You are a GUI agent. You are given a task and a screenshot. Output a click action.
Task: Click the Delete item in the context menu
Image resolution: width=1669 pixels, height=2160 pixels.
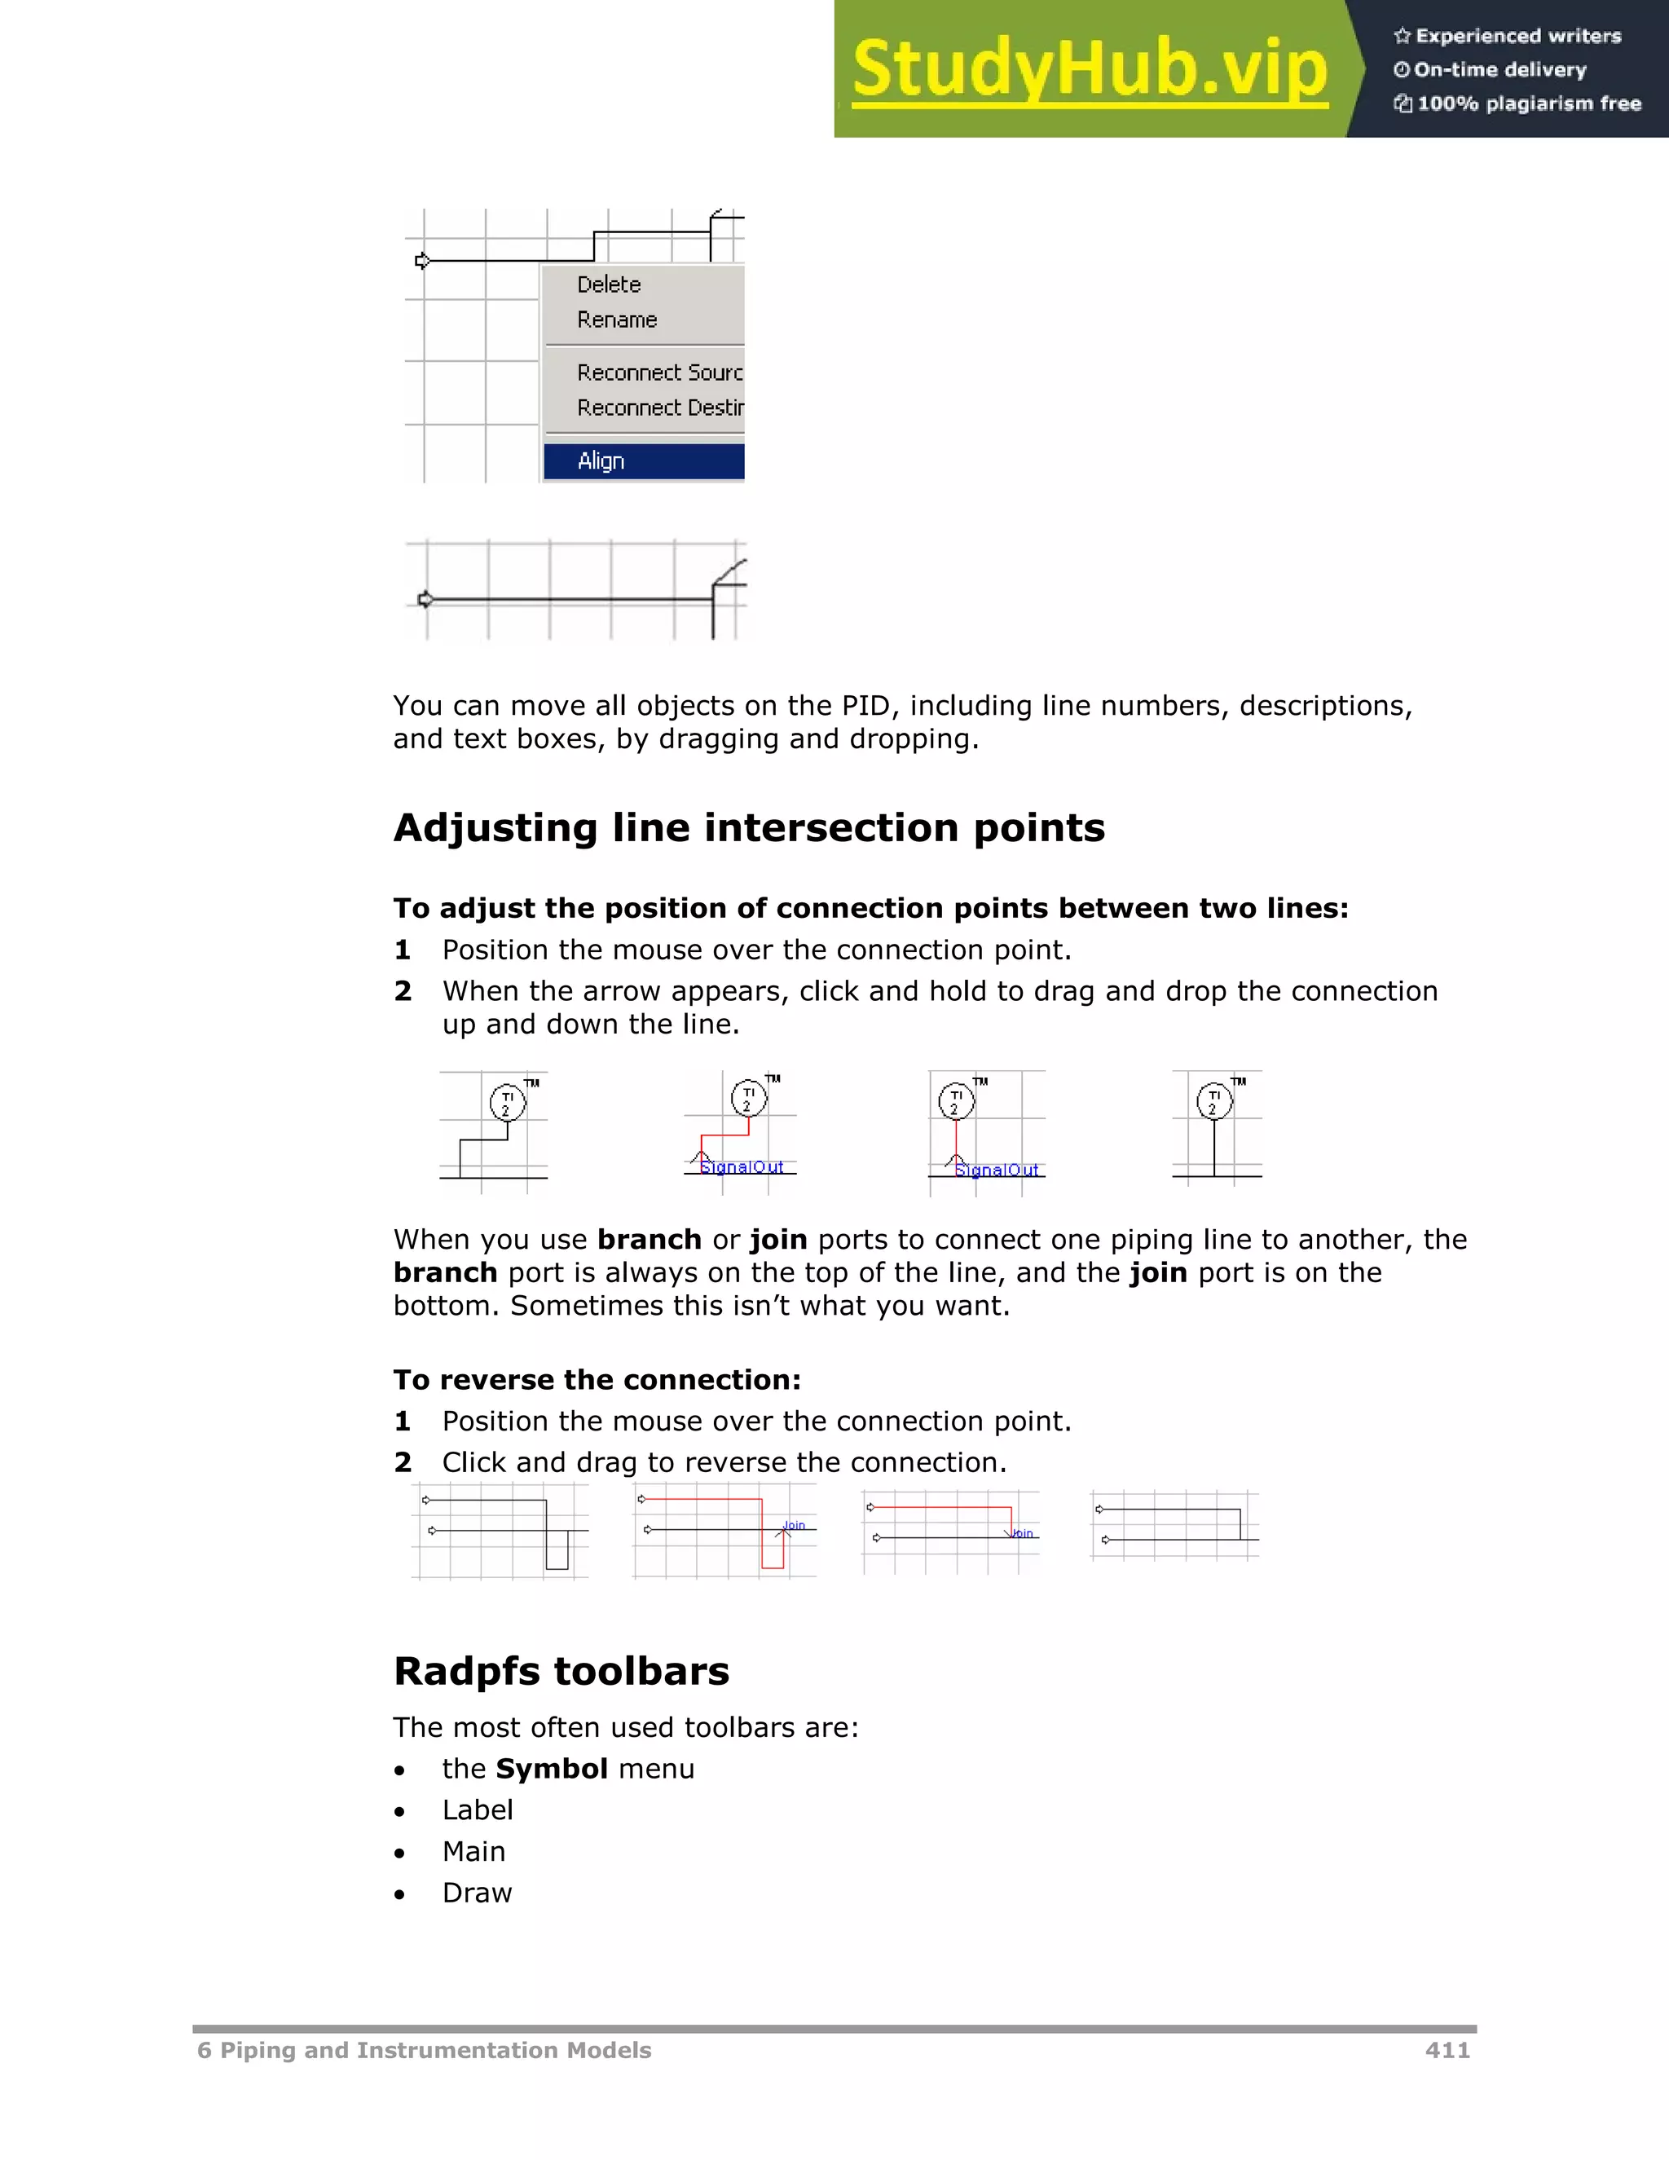coord(609,284)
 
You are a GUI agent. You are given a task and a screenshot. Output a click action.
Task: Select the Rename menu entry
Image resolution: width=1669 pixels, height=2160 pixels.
coord(617,320)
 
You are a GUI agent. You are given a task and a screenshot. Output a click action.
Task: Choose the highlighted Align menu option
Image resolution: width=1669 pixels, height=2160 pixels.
coord(601,461)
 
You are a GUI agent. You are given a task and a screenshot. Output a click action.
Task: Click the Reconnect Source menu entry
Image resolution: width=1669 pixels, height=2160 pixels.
coord(659,372)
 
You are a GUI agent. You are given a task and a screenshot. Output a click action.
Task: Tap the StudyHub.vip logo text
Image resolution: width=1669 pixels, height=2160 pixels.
coord(1090,69)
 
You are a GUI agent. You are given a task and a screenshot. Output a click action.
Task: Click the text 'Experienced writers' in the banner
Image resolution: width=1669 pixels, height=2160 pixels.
coord(1517,37)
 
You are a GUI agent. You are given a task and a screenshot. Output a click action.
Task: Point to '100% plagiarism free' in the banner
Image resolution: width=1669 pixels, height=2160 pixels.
coord(1529,104)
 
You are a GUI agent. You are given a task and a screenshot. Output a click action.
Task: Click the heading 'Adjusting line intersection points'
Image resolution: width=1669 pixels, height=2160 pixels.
coord(748,828)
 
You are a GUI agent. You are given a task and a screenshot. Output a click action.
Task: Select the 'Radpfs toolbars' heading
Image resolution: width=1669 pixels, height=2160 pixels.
coord(561,1672)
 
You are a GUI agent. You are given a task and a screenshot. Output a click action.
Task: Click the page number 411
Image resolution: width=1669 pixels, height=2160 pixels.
coord(1447,2050)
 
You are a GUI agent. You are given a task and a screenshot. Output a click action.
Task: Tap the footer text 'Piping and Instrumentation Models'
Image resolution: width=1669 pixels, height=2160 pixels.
coord(434,2050)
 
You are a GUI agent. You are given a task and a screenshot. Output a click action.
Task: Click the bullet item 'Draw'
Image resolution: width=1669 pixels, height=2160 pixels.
coord(477,1893)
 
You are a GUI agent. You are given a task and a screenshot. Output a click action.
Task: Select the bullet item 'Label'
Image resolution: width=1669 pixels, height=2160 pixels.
coord(478,1810)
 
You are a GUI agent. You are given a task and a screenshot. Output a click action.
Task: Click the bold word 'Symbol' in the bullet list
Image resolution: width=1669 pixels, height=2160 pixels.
coord(552,1769)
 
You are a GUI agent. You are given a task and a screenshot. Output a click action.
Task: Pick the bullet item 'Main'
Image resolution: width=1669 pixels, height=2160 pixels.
coord(473,1851)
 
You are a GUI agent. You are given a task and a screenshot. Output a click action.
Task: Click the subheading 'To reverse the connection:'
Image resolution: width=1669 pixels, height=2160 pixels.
coord(597,1380)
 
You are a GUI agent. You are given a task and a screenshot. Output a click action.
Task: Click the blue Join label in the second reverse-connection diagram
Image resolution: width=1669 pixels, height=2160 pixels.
coord(794,1525)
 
